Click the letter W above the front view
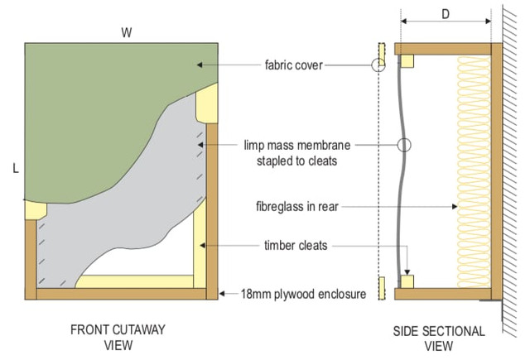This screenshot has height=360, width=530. point(127,33)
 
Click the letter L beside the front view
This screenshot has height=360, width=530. point(16,168)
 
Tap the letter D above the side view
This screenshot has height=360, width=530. point(446,14)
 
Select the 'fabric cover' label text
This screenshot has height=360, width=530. point(294,65)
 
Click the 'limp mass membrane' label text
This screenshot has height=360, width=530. point(297,146)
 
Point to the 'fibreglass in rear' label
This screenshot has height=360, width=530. point(297,206)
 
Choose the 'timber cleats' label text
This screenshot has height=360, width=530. point(296,246)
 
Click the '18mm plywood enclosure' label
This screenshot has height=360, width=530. point(303,294)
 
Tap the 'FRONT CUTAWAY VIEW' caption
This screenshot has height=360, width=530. point(118,338)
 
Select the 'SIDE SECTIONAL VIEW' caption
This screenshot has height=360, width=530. point(439,338)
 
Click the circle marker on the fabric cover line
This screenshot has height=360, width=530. point(378,65)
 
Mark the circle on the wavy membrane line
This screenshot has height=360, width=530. point(404,145)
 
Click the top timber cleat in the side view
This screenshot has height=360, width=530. point(407,61)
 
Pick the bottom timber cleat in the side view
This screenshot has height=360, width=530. point(407,282)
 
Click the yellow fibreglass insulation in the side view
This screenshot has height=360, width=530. point(474,171)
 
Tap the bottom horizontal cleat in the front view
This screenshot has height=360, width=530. point(134,281)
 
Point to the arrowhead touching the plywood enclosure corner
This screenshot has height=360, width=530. point(222,294)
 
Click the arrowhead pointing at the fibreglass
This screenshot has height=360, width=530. point(455,206)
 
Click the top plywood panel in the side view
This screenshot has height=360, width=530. point(443,49)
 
